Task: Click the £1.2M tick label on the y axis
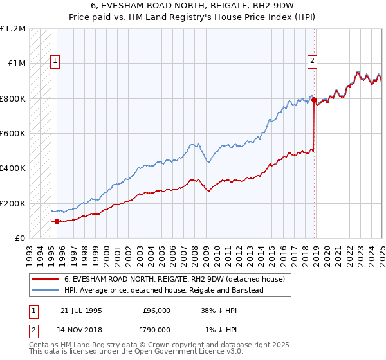[13, 29]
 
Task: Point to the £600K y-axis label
[13, 134]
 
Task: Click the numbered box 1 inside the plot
[55, 62]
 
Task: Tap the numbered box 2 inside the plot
[312, 62]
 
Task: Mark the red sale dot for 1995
[57, 221]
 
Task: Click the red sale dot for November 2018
[314, 100]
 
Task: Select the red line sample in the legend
[45, 279]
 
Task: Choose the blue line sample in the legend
[45, 290]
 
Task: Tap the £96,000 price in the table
[157, 310]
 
